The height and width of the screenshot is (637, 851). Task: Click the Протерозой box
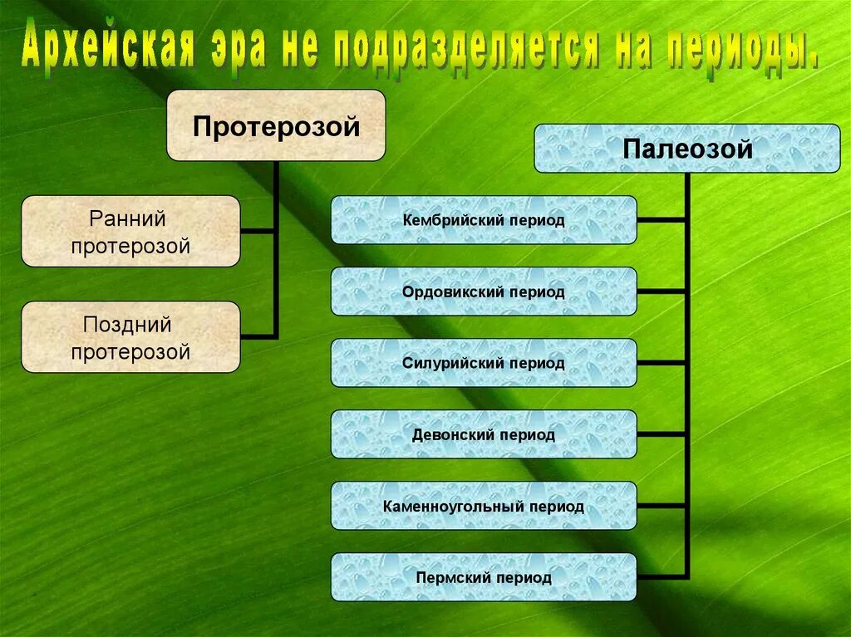[x=276, y=125]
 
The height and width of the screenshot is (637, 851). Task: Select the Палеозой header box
[x=686, y=149]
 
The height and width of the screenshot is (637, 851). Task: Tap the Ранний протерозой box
[x=130, y=231]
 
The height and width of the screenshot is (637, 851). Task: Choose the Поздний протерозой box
[x=130, y=337]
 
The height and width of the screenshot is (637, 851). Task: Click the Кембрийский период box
[x=484, y=220]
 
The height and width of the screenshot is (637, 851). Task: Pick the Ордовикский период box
[x=484, y=292]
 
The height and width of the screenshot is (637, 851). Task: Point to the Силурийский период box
[x=484, y=363]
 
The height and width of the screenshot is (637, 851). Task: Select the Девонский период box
[x=484, y=434]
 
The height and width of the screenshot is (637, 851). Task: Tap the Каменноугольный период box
[x=484, y=506]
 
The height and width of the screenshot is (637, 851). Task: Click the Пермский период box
[x=484, y=577]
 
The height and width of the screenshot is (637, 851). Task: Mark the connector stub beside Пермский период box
[x=662, y=577]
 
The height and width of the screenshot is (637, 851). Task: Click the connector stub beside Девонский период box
[x=662, y=434]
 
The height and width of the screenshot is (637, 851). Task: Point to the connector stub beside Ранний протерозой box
[x=258, y=231]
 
